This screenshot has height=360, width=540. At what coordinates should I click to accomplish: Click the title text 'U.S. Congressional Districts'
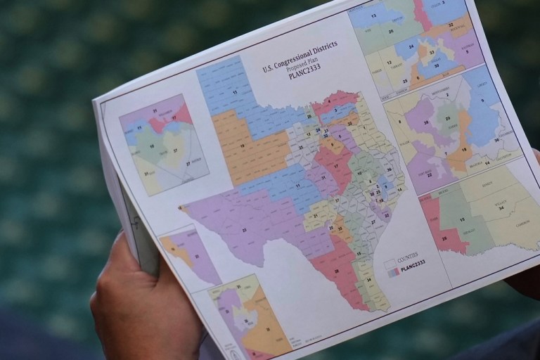299,57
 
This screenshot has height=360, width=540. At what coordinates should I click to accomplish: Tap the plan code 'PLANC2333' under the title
309,72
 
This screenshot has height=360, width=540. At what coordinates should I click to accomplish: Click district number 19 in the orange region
243,146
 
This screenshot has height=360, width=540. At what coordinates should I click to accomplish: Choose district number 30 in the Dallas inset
435,65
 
